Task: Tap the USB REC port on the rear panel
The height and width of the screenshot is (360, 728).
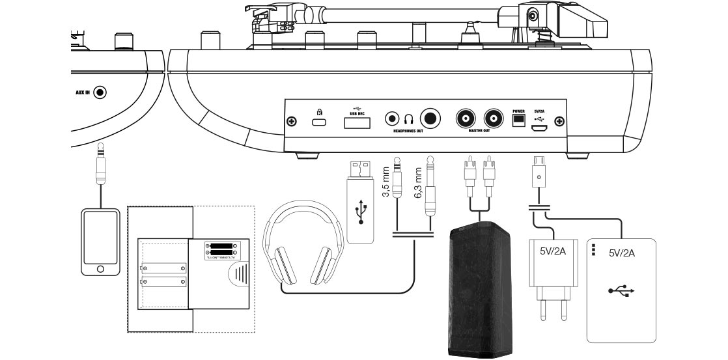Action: pyautogui.click(x=357, y=122)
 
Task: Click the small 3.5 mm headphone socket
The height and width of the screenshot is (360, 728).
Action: pyautogui.click(x=392, y=119)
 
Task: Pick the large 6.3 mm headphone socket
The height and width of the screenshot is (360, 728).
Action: pyautogui.click(x=430, y=118)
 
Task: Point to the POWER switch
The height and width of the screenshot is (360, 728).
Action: pyautogui.click(x=518, y=121)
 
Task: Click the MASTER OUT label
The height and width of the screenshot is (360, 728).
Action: pyautogui.click(x=479, y=131)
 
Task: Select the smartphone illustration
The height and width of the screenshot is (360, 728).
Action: pyautogui.click(x=100, y=242)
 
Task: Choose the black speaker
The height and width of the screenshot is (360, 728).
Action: pyautogui.click(x=478, y=290)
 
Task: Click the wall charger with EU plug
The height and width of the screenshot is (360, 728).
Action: pyautogui.click(x=553, y=274)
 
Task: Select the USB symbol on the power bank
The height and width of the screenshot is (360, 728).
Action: pyautogui.click(x=622, y=291)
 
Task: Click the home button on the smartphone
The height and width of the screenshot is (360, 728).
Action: pyautogui.click(x=100, y=268)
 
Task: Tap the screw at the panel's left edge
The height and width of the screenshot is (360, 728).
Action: pyautogui.click(x=292, y=122)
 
